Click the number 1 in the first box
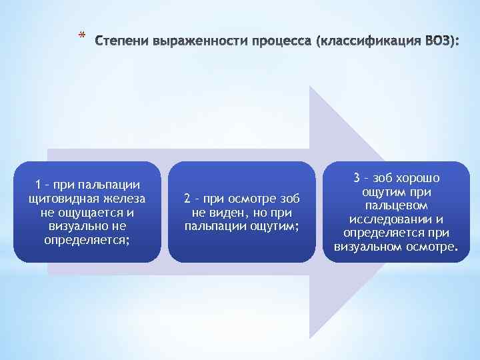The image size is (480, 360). (x=39, y=184)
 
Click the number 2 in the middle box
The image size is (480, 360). (x=187, y=199)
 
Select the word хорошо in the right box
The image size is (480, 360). (x=417, y=178)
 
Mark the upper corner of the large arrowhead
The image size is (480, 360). (x=311, y=85)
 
